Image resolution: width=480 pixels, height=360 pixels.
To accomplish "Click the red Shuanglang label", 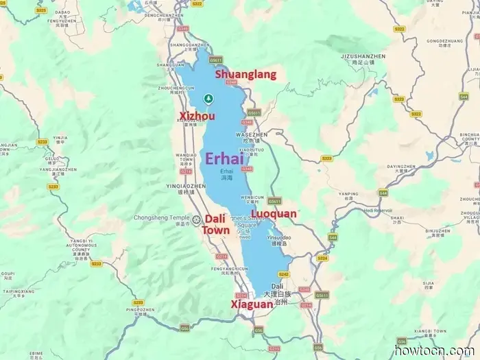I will point(246,74).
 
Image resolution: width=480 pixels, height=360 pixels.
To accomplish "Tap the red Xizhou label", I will point(197,116).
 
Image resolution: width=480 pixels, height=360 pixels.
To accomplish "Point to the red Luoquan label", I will point(274,214).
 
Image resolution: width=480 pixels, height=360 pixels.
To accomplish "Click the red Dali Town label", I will point(216,224).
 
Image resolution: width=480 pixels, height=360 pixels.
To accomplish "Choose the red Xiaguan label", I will point(252,303).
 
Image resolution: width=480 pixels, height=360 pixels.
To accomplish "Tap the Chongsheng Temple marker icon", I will point(197,219).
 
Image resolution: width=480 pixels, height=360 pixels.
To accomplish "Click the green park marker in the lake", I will point(208,97).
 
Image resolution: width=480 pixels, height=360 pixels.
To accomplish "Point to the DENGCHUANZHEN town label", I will point(165,14).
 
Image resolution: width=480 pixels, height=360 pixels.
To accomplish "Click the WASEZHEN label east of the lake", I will point(251,135).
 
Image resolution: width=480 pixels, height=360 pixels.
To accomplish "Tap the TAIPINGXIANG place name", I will point(17,291).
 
